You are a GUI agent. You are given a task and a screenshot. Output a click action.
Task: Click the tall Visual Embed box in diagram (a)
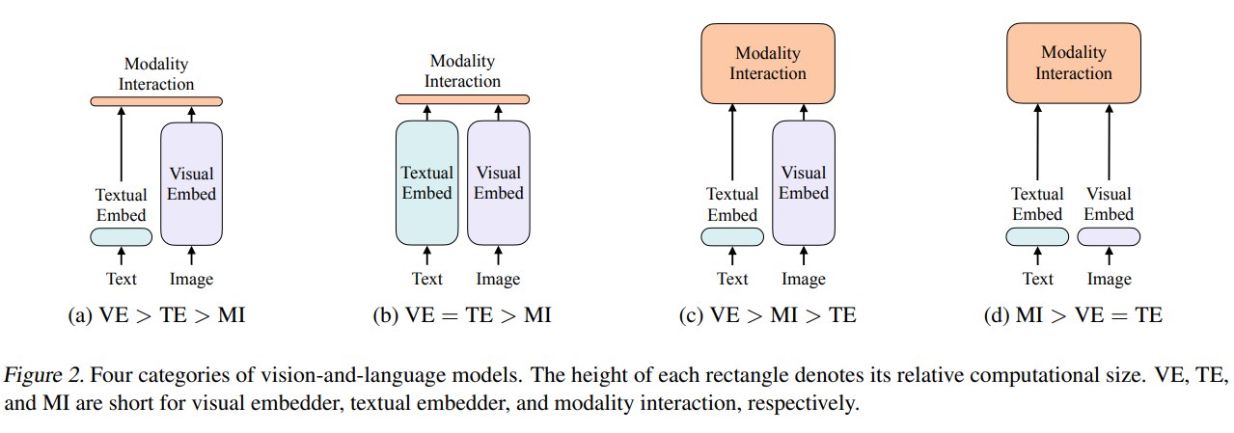tap(191, 183)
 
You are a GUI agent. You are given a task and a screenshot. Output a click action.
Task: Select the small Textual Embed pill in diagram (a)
tap(122, 237)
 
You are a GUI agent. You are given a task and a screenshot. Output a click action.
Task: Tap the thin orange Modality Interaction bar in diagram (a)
tap(156, 101)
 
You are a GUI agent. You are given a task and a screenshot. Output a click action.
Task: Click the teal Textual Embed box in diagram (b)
tap(427, 183)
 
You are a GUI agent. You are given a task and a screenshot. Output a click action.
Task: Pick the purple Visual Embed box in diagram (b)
tap(499, 183)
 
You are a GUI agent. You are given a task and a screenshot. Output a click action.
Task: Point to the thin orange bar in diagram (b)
tap(463, 99)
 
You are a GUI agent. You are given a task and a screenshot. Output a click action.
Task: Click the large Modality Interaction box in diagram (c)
tap(768, 64)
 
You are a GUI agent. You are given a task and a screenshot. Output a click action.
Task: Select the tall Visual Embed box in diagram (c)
tap(804, 183)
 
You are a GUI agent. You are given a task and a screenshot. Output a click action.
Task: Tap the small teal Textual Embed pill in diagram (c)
tap(732, 237)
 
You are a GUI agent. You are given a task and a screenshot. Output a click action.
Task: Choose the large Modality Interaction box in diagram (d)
tap(1074, 63)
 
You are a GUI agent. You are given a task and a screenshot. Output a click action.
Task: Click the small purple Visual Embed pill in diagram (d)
tap(1109, 237)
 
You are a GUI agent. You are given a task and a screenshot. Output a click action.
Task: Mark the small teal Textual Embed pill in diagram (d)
tap(1037, 237)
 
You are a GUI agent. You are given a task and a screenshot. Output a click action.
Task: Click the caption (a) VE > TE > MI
tap(156, 315)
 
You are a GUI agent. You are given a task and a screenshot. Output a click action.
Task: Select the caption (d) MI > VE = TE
tap(1073, 315)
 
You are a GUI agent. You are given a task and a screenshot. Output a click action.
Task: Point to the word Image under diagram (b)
tap(498, 280)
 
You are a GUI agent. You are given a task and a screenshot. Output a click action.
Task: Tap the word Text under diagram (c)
tap(732, 279)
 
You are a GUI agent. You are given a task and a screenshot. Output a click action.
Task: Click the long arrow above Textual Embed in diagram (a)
tap(122, 145)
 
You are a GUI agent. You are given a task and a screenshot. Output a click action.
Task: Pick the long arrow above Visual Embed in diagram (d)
tap(1109, 142)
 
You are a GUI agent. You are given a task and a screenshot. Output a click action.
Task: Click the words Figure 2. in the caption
tap(43, 375)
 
